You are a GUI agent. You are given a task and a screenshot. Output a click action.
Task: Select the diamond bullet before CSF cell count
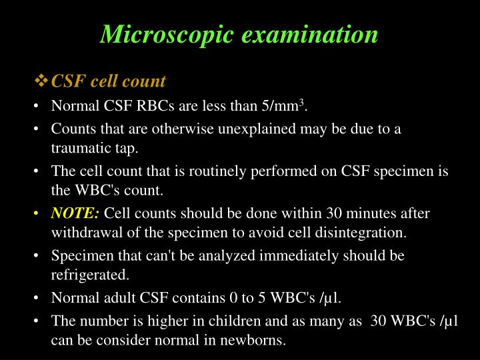[41, 81]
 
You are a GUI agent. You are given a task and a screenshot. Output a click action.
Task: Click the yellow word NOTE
[75, 214]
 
